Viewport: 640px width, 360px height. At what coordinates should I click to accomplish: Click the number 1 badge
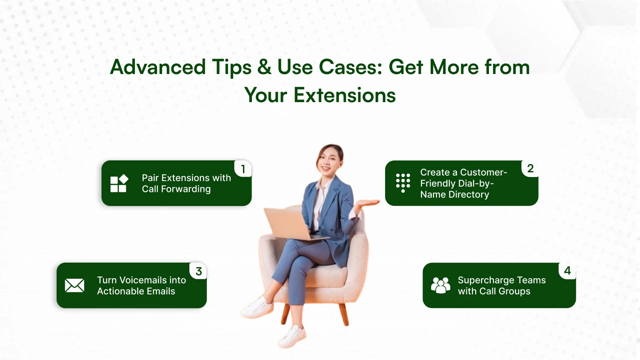pyautogui.click(x=243, y=169)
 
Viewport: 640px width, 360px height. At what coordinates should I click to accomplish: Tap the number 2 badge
pyautogui.click(x=530, y=169)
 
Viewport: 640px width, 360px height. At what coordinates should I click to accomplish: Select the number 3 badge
pyautogui.click(x=198, y=271)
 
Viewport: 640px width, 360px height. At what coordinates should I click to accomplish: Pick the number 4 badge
pyautogui.click(x=567, y=271)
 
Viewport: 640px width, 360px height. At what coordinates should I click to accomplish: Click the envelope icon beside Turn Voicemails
pyautogui.click(x=74, y=286)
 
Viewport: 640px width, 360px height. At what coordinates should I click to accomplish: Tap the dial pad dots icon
pyautogui.click(x=403, y=183)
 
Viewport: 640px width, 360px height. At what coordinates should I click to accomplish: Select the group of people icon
pyautogui.click(x=440, y=285)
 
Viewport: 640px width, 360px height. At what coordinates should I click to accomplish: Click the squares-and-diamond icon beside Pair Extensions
pyautogui.click(x=119, y=183)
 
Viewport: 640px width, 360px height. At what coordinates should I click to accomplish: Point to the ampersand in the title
pyautogui.click(x=264, y=67)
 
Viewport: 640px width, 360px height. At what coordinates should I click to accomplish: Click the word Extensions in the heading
pyautogui.click(x=345, y=95)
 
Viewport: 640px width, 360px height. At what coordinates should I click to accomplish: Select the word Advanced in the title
pyautogui.click(x=158, y=67)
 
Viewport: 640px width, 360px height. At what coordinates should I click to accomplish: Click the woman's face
pyautogui.click(x=329, y=160)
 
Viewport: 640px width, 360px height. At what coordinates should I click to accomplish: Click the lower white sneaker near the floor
pyautogui.click(x=293, y=336)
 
